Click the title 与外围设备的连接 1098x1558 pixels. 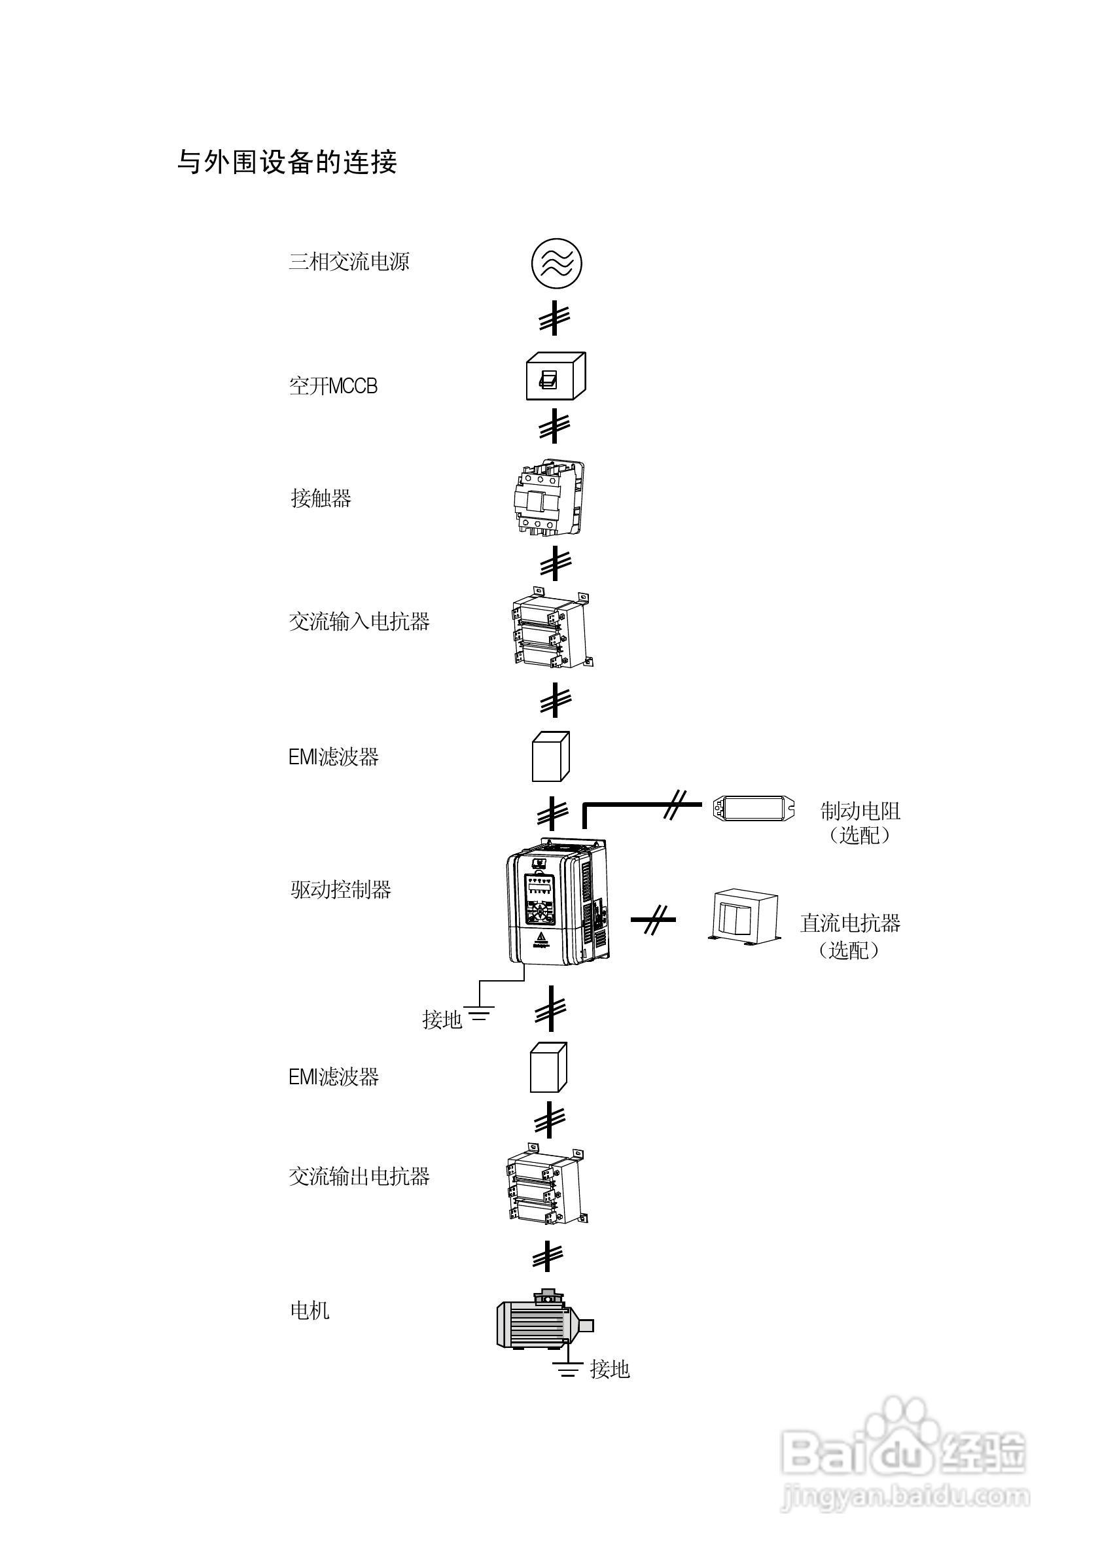coord(287,163)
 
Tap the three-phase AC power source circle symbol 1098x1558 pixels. coord(556,263)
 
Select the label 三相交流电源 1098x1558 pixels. coord(349,262)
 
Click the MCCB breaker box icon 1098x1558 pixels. coord(555,377)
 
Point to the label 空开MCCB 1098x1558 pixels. coord(332,387)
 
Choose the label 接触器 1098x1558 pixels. coord(321,499)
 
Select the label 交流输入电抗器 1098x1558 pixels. coord(359,622)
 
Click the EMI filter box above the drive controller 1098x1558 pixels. coord(550,756)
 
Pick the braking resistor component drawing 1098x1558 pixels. coord(753,808)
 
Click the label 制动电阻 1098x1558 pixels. coord(860,811)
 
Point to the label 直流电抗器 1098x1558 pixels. coord(849,923)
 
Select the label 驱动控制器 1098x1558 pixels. coord(341,891)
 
